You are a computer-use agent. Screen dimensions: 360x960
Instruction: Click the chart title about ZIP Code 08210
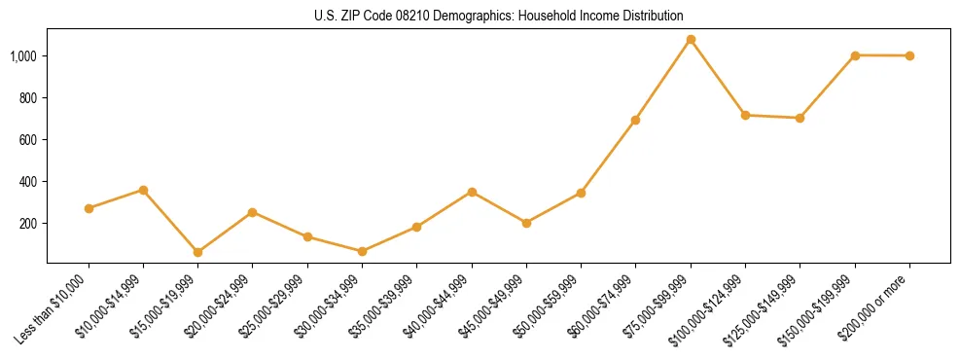(x=499, y=16)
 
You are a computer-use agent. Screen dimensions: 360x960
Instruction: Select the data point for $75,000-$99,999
(x=691, y=40)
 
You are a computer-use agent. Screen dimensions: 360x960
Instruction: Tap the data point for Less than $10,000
(x=89, y=208)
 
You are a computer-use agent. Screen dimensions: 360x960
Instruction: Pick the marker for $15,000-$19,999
(x=197, y=252)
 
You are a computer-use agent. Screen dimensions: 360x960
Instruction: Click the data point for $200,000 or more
(x=909, y=55)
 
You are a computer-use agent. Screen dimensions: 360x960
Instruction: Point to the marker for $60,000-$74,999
(x=635, y=120)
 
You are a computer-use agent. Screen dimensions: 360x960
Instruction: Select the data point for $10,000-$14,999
(x=143, y=190)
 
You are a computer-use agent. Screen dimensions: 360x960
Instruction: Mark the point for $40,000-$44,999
(x=472, y=192)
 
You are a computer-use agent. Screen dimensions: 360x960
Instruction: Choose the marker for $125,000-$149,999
(x=800, y=118)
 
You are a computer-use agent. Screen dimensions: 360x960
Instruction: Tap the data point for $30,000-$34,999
(x=362, y=251)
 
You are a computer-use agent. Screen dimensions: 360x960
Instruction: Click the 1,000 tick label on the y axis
(x=23, y=56)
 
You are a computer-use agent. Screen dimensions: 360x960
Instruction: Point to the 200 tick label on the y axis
(x=27, y=224)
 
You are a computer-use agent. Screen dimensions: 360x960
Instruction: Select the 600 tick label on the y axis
(x=27, y=140)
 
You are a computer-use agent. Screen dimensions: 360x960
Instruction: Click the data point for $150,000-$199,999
(x=855, y=55)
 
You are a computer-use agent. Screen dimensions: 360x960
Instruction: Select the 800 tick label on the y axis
(x=27, y=98)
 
